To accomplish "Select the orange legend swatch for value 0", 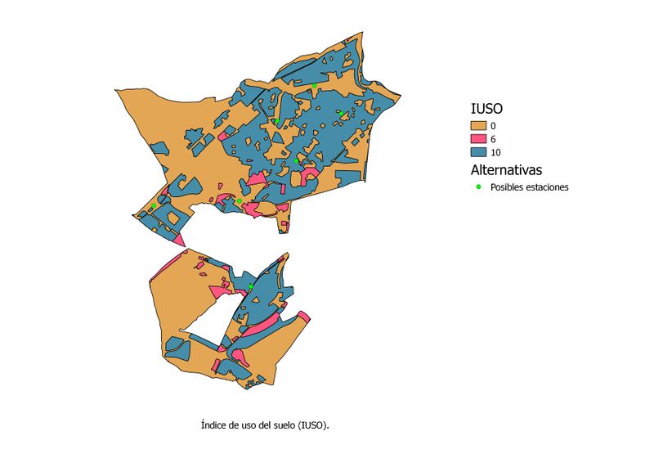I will point(478,125).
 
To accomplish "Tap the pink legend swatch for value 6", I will point(478,139).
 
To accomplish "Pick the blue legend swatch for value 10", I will point(478,153).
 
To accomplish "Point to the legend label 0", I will point(493,125).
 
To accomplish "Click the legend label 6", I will point(493,139).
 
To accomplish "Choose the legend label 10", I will point(495,153).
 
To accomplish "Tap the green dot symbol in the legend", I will point(478,187).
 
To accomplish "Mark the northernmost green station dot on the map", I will point(314,85).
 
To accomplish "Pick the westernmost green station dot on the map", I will point(154,205).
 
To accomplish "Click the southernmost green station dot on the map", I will point(251,287).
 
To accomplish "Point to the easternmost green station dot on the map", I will point(340,114).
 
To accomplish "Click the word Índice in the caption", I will point(213,425).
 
